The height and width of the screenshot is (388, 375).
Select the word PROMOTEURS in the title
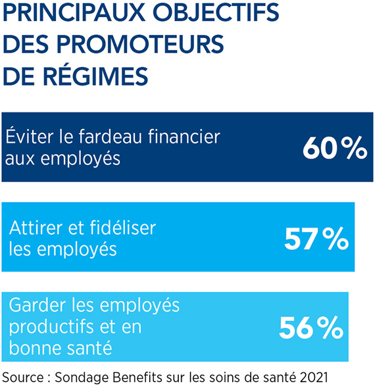tap(140, 44)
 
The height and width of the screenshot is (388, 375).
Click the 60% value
tap(335, 148)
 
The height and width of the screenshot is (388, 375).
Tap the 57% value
tap(316, 239)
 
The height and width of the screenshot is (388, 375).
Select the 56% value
tap(311, 327)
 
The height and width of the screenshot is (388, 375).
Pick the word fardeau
tap(111, 136)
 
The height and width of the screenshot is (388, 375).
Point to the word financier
tap(184, 136)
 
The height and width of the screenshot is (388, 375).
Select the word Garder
tap(37, 305)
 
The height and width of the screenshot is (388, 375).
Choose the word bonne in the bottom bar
tap(33, 347)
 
